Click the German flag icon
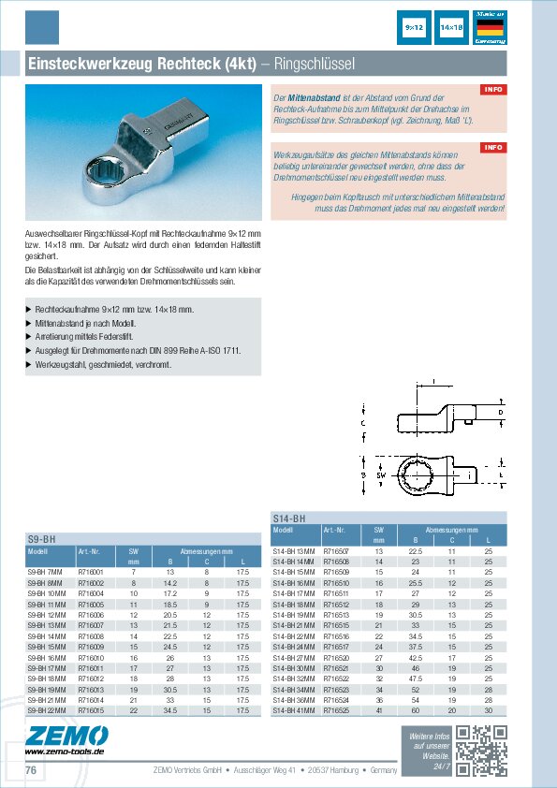coord(490,29)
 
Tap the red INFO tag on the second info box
coord(493,148)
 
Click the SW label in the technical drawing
coord(381,475)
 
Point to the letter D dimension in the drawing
coord(501,412)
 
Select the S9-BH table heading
coord(41,539)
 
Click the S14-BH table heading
coord(288,518)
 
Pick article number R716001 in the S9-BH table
coord(90,571)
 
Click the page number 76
coord(31,770)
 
